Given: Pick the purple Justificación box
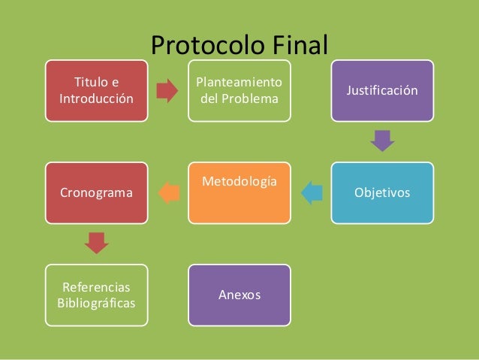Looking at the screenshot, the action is coord(382,90).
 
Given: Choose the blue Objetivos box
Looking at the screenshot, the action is coord(382,192).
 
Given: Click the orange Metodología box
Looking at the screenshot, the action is coord(239,192).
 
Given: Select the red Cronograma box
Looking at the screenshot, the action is coord(95,192).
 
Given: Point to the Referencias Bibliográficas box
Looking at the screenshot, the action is coord(95,295).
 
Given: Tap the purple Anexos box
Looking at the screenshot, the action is coord(239,295).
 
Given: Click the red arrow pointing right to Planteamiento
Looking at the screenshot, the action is coord(167,91).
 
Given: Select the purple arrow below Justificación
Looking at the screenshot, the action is coord(383,141).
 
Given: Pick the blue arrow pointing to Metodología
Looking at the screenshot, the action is coord(311,193).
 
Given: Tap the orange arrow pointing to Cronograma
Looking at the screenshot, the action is coord(168,193).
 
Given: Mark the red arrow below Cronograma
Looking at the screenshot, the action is coord(96,243).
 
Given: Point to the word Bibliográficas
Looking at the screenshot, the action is coord(95,302).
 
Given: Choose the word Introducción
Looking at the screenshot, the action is coord(95,98).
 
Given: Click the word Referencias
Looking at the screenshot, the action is coord(95,287).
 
